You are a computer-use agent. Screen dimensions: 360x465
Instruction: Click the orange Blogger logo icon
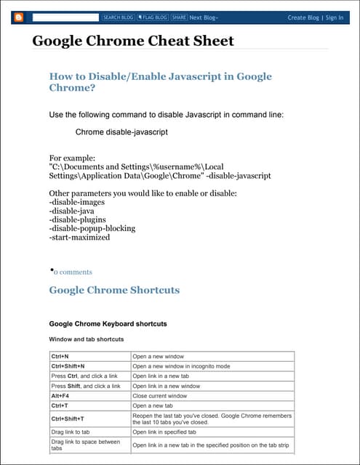(x=19, y=17)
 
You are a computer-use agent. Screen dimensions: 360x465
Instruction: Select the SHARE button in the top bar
(x=179, y=17)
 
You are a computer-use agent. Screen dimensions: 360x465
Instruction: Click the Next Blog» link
(x=204, y=17)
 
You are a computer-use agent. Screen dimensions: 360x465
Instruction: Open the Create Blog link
(x=303, y=17)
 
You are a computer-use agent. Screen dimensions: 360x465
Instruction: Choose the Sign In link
(x=335, y=17)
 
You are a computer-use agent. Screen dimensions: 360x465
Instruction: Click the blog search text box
(x=65, y=17)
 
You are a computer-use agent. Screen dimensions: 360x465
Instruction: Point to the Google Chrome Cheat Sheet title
(x=133, y=41)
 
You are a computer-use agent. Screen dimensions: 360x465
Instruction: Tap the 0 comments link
(x=73, y=272)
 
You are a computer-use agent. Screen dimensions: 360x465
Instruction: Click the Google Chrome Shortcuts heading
(x=114, y=290)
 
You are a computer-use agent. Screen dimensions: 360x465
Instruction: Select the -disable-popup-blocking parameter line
(x=92, y=228)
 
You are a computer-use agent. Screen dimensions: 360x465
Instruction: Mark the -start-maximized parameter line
(x=79, y=237)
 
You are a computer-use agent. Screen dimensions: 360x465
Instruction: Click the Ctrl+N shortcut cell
(x=60, y=357)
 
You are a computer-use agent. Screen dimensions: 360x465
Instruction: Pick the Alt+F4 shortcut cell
(x=60, y=396)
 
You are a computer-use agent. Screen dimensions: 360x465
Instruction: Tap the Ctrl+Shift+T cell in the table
(x=68, y=418)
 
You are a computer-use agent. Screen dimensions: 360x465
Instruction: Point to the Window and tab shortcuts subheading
(x=86, y=339)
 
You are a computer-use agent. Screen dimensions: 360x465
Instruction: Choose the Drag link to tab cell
(x=71, y=432)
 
